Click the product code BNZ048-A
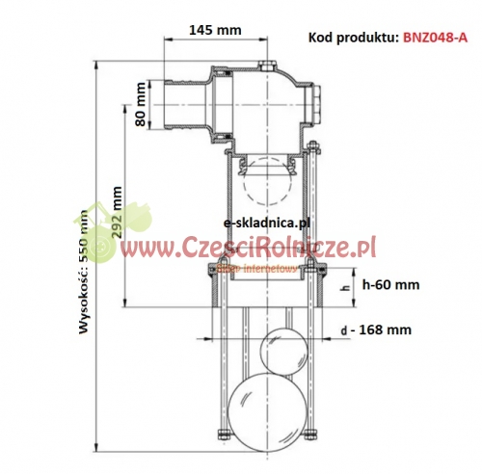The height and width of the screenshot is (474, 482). coord(435,38)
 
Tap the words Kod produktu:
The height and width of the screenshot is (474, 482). coord(353,38)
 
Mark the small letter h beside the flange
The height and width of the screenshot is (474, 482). coord(344,286)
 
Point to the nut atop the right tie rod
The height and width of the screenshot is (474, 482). coord(314,148)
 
